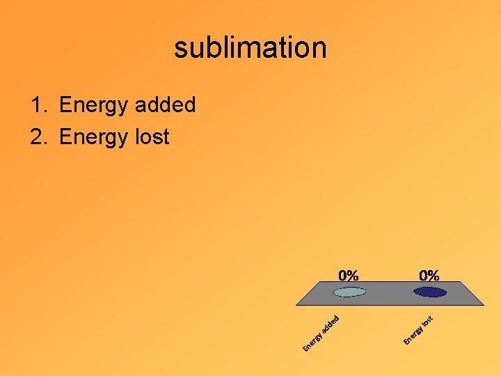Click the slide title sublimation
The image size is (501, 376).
click(x=250, y=48)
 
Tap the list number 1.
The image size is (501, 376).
click(x=38, y=106)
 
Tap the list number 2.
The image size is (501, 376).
click(x=38, y=137)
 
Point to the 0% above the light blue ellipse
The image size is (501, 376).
click(x=349, y=276)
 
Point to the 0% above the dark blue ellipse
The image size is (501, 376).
click(x=429, y=276)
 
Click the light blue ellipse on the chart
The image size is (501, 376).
click(x=349, y=292)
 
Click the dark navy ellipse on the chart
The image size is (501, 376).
click(x=429, y=292)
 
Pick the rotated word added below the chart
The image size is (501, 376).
click(x=330, y=323)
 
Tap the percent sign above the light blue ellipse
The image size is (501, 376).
click(x=353, y=276)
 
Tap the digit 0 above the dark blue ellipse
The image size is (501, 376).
click(x=423, y=276)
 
